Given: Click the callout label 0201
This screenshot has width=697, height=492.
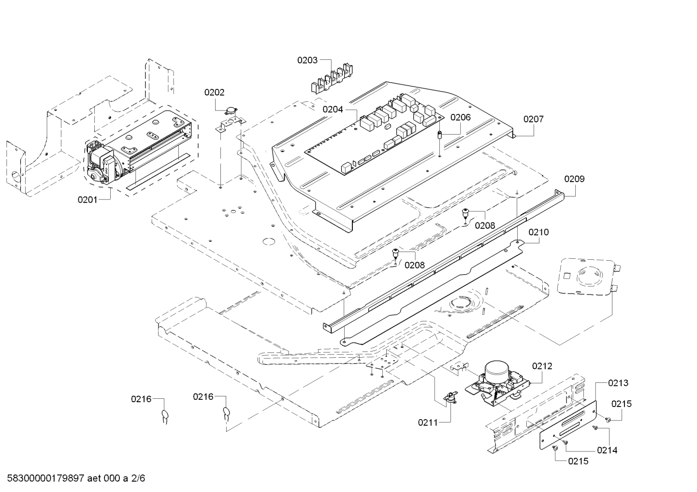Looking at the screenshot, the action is click(87, 200).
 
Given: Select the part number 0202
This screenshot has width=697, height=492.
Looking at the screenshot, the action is click(215, 92).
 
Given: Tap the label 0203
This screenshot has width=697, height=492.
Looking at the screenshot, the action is click(307, 60).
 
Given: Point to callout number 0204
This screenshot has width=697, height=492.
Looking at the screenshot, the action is click(333, 110).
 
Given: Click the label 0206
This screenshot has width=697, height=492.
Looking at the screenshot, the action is click(461, 117).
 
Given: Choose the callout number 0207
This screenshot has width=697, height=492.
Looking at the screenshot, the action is click(533, 119).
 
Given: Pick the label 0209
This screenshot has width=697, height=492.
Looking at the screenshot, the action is click(574, 179).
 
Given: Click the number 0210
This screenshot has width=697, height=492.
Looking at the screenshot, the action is click(538, 232).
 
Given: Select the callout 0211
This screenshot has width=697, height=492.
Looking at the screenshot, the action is click(428, 422).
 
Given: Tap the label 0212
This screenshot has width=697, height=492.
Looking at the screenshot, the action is click(542, 366).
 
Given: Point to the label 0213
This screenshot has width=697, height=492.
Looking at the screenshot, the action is click(618, 383).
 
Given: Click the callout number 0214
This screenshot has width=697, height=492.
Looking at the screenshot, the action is click(607, 450).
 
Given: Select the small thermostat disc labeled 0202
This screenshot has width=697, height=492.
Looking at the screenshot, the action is click(231, 111).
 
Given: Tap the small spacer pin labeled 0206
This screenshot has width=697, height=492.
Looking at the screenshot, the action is click(440, 135).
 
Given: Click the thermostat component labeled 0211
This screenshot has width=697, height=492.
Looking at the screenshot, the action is click(450, 398).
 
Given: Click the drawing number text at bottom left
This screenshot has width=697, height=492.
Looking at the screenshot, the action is click(76, 478).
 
